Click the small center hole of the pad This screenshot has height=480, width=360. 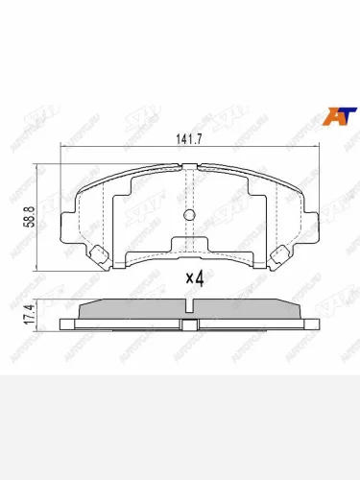189,214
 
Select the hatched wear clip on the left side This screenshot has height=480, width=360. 101,254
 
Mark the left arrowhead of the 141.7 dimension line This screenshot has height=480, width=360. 64,147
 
